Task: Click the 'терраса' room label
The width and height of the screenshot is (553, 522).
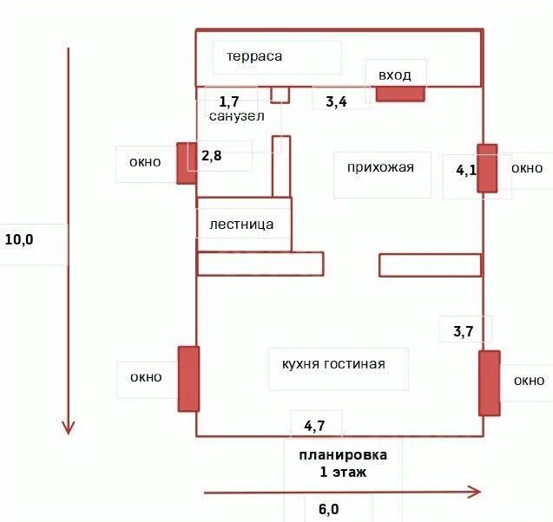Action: click(x=255, y=56)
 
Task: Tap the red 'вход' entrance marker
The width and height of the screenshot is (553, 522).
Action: click(x=399, y=94)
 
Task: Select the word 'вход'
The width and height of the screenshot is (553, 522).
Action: click(x=395, y=75)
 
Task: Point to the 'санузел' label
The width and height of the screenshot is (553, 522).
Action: click(x=236, y=115)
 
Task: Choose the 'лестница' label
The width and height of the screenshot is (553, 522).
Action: click(x=241, y=225)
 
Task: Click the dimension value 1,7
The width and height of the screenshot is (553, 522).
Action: click(x=229, y=102)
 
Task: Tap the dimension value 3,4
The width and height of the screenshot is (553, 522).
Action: click(x=336, y=102)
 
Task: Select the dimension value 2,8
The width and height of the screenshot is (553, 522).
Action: click(x=213, y=156)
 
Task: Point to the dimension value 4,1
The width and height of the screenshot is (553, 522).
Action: click(x=466, y=170)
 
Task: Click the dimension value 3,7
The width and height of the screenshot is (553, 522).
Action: click(x=464, y=330)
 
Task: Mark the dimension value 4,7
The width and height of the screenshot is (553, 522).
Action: click(x=314, y=426)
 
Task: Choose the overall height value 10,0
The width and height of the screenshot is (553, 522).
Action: click(x=19, y=239)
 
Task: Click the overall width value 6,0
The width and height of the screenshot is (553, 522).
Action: click(x=328, y=509)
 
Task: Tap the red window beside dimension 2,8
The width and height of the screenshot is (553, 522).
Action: click(x=186, y=163)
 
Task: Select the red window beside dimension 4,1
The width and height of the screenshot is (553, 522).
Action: click(x=487, y=168)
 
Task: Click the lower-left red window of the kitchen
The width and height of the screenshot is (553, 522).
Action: click(x=188, y=378)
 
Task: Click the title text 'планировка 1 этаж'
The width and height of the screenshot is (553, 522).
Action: click(x=343, y=463)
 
